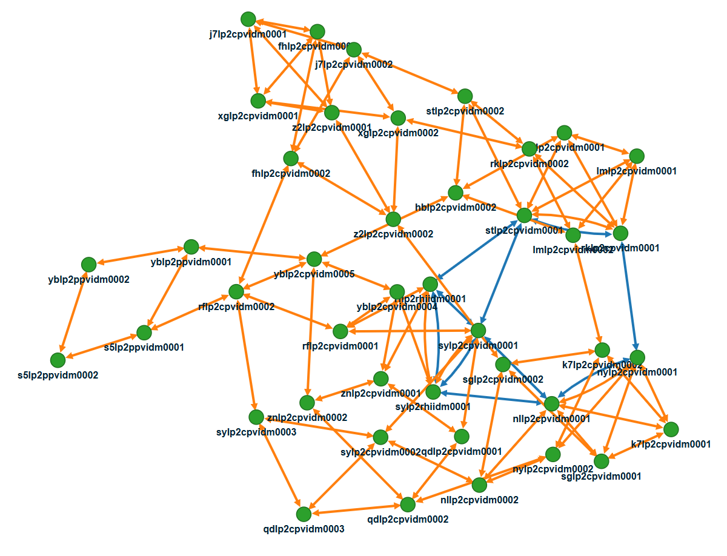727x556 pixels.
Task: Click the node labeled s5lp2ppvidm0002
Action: tap(58, 360)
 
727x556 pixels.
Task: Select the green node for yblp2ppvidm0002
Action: tap(88, 264)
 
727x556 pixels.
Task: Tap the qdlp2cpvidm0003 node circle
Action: tap(304, 514)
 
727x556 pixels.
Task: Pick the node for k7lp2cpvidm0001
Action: tap(671, 429)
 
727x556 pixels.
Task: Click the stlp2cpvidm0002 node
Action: tap(465, 96)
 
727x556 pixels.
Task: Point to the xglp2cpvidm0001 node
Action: tap(259, 101)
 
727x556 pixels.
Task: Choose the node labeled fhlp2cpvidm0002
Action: tap(291, 158)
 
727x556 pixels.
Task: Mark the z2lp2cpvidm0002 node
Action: tap(393, 219)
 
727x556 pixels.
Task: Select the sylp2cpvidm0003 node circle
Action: tap(256, 417)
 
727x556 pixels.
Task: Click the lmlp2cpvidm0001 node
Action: tap(636, 156)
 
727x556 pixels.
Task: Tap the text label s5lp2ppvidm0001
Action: tap(144, 348)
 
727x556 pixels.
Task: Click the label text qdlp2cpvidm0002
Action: tap(408, 519)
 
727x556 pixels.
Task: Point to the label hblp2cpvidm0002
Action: tap(456, 208)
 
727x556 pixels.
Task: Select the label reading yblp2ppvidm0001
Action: tap(191, 262)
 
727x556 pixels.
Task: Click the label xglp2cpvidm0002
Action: tap(398, 133)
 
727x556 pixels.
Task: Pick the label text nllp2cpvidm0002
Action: tap(479, 500)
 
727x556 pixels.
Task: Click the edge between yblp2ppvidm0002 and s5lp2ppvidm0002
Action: tap(73, 312)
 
